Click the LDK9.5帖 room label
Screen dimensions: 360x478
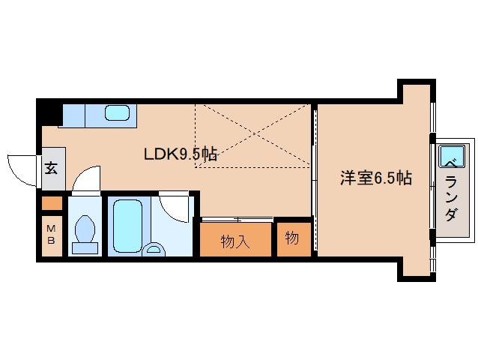(181, 154)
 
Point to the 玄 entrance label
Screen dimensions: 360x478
(52, 168)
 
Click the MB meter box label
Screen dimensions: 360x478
(52, 234)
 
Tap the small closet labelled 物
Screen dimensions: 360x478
(292, 239)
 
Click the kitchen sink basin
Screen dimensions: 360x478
(117, 113)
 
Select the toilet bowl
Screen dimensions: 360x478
(84, 229)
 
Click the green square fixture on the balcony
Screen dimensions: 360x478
(451, 157)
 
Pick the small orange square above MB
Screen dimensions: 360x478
(52, 202)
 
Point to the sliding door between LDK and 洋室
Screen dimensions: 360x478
(314, 180)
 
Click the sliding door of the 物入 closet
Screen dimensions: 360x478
(235, 220)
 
